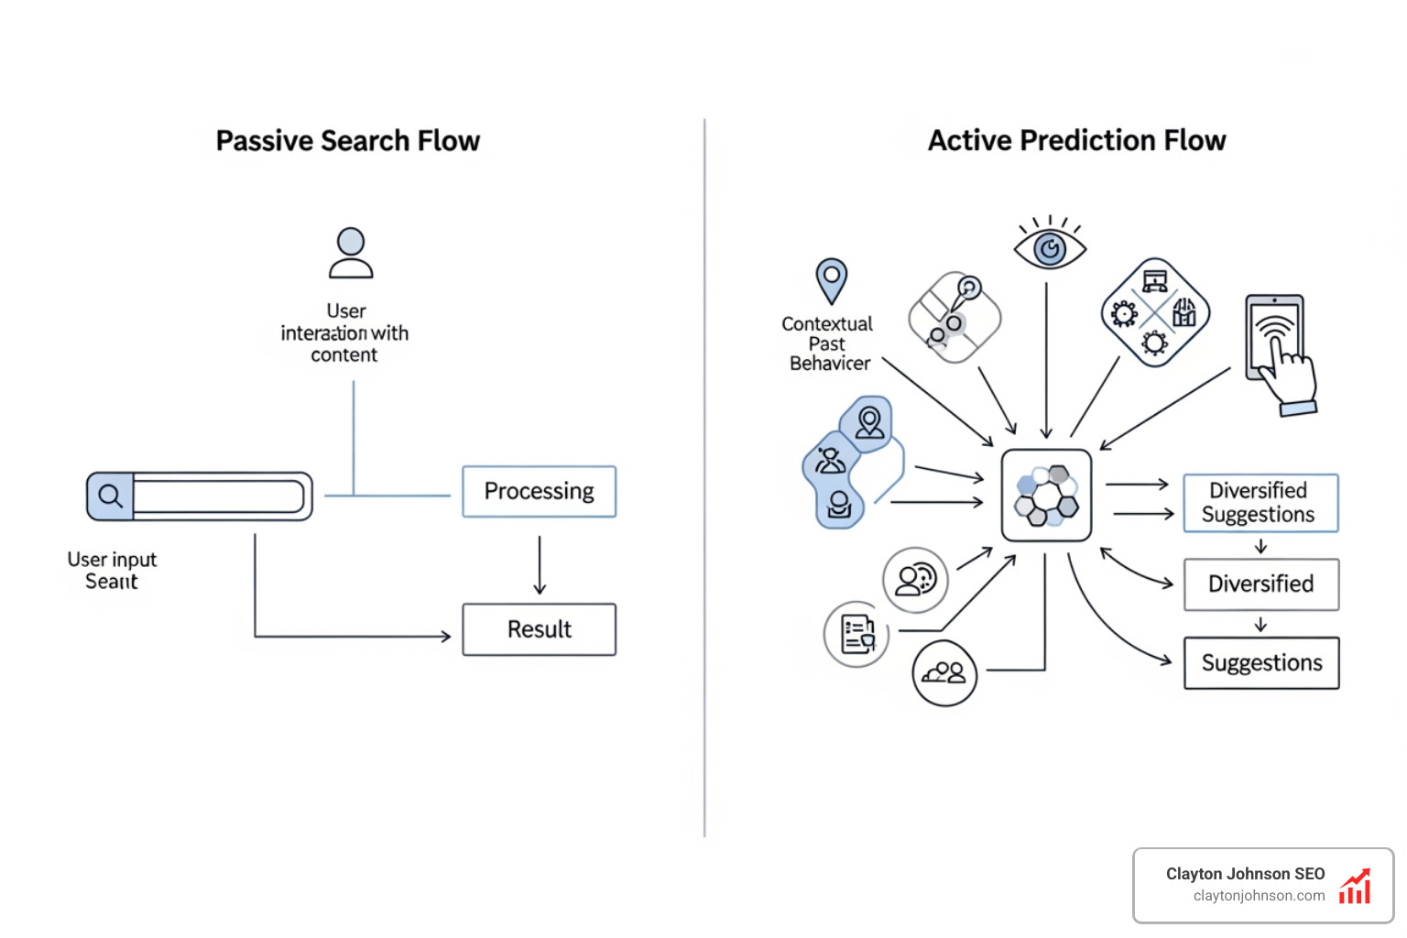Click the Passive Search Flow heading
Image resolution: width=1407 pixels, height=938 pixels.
(347, 141)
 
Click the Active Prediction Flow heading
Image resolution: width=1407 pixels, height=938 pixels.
(1076, 140)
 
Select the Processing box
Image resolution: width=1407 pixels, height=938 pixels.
(539, 492)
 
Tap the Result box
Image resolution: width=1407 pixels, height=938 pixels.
(539, 629)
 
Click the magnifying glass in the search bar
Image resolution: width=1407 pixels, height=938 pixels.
(111, 496)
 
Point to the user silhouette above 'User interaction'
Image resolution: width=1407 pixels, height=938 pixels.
(351, 253)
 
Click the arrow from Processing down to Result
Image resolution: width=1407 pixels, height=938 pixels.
(540, 564)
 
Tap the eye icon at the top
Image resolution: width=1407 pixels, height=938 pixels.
(1050, 248)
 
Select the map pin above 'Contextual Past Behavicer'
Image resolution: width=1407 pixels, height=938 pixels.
(831, 279)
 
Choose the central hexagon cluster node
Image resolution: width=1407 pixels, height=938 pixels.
(1046, 496)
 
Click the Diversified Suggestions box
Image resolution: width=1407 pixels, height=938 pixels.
(1260, 503)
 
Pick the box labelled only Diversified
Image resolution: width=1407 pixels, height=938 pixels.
(1260, 584)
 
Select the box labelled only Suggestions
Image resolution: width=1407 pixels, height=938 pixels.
(1260, 663)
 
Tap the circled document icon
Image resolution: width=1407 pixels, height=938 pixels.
(857, 634)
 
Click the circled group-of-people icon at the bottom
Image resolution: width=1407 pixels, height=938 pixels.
(944, 673)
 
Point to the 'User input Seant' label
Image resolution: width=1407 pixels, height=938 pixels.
(112, 570)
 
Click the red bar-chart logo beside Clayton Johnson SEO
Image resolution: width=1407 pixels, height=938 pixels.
(1356, 887)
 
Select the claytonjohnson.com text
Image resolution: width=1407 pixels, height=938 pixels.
(1259, 896)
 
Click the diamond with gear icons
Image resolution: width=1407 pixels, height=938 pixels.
(1155, 313)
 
